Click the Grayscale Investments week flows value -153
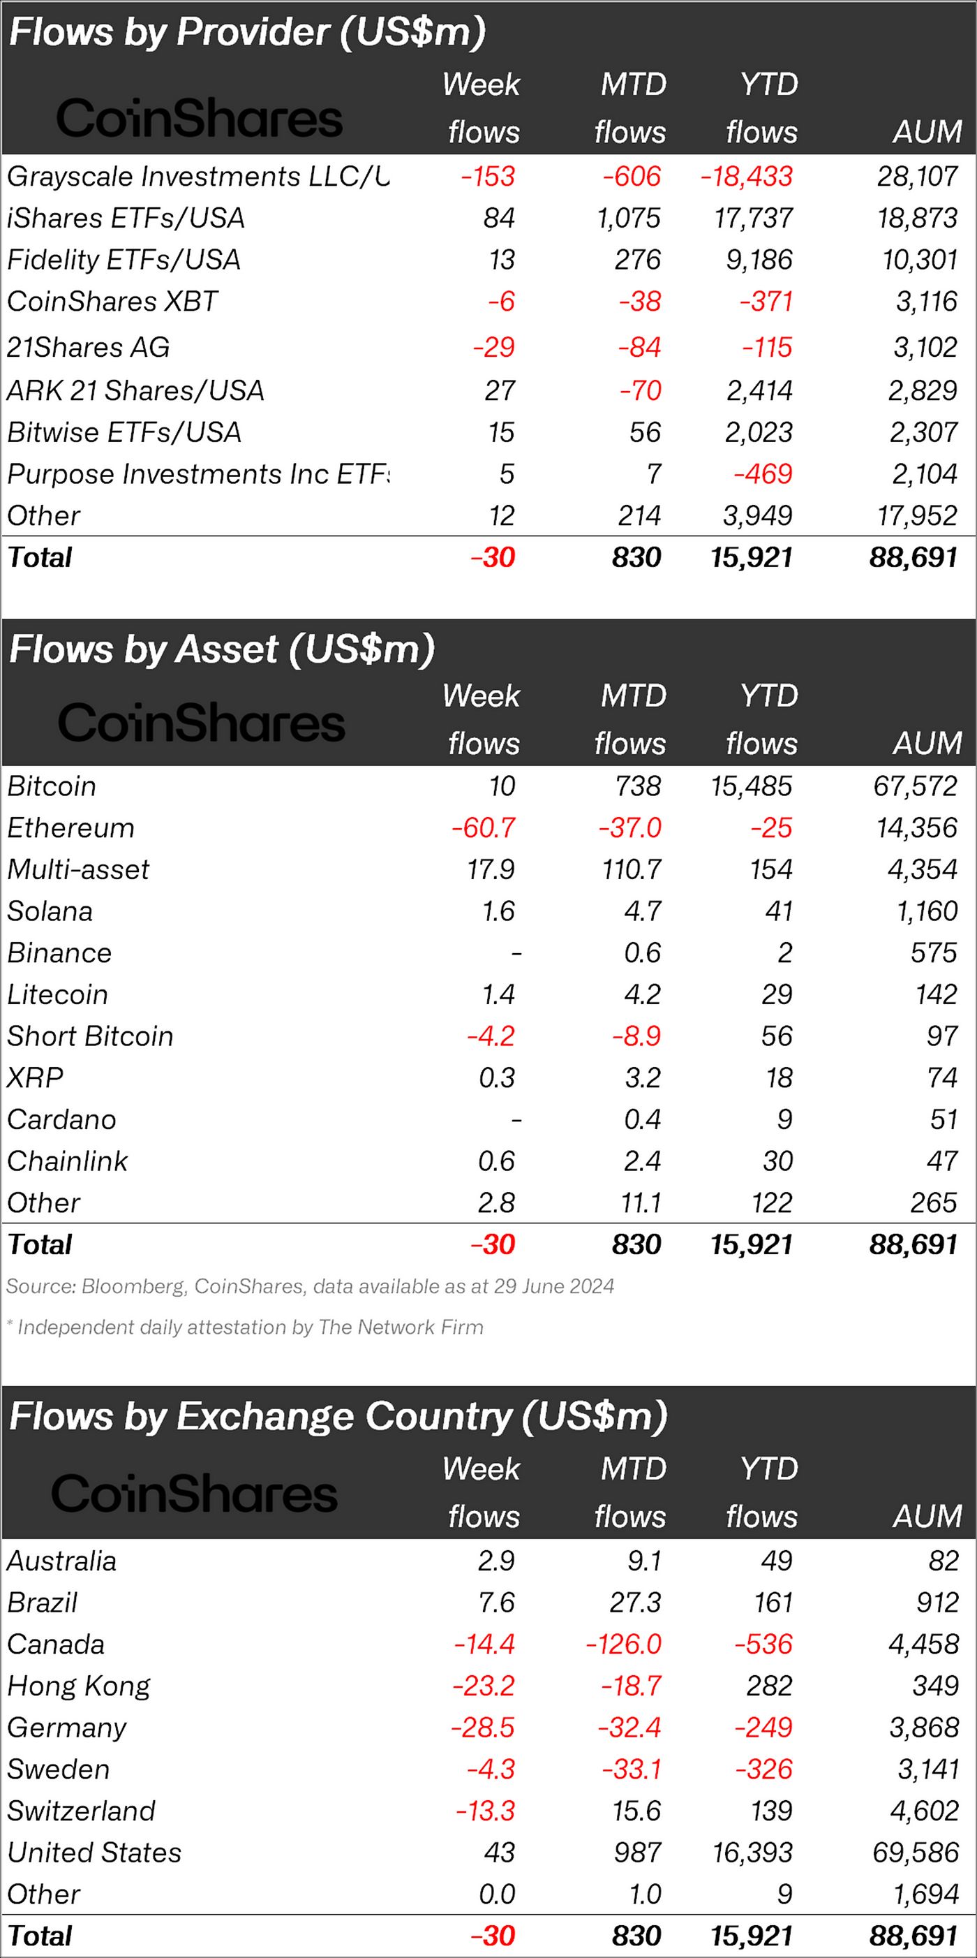[x=488, y=177]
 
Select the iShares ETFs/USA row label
[x=126, y=218]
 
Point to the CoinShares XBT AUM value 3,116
[x=926, y=302]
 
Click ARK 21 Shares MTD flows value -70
[x=640, y=390]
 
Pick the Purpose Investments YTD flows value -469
[x=763, y=474]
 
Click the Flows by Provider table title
[x=248, y=32]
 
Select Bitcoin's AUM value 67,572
[x=915, y=786]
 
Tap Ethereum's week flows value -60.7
[x=483, y=827]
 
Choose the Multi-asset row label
[x=79, y=869]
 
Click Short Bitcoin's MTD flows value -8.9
[x=636, y=1036]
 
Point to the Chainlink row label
[x=68, y=1161]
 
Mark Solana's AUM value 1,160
[x=927, y=911]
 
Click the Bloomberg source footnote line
[x=310, y=1286]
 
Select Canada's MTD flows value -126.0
[x=624, y=1644]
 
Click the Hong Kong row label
[x=79, y=1686]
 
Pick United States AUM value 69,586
[x=915, y=1853]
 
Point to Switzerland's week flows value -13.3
[x=486, y=1811]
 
